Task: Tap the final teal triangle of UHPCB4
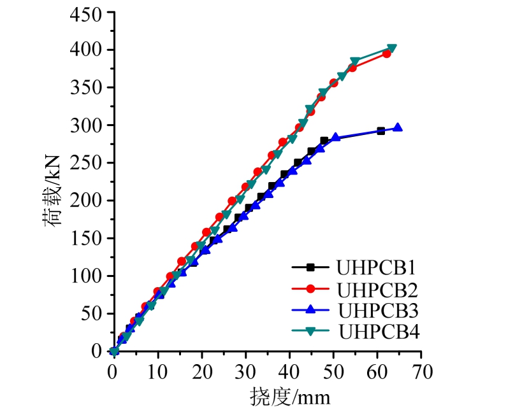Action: click(392, 48)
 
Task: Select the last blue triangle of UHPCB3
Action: click(398, 127)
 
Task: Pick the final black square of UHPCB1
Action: click(381, 131)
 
